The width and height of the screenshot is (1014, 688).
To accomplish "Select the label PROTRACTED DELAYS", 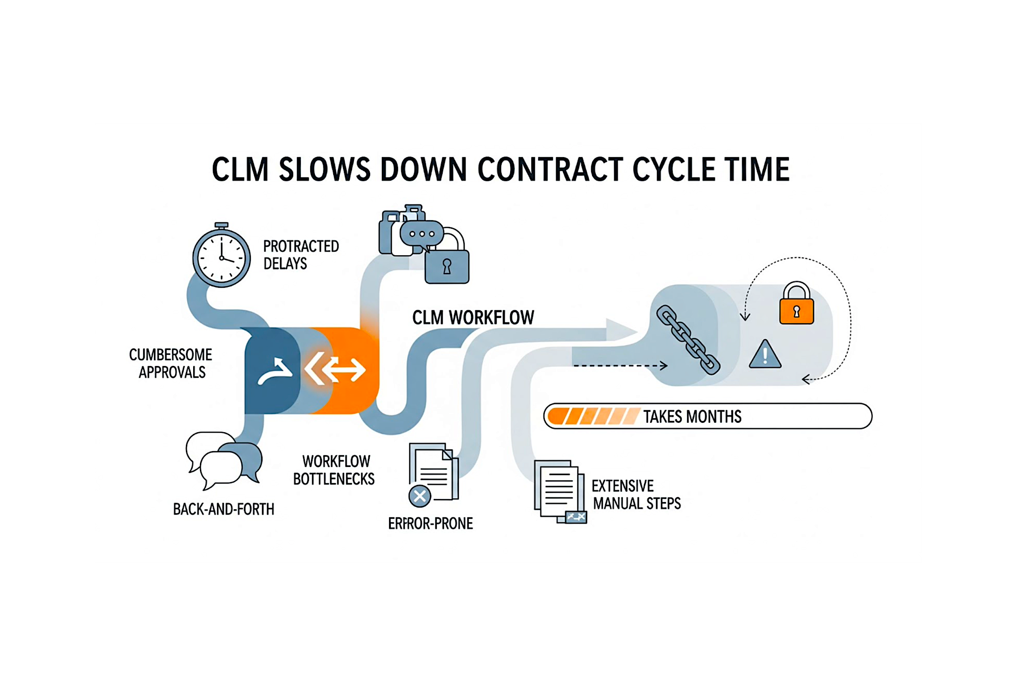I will coord(301,255).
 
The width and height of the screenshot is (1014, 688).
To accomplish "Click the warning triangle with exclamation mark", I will coord(765,356).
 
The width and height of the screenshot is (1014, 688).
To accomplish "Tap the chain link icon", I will coord(688,340).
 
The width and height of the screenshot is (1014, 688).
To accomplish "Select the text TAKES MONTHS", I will coord(692,417).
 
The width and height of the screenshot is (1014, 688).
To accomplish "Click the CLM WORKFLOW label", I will coord(473,318).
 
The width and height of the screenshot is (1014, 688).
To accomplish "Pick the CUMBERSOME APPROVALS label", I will coord(171,363).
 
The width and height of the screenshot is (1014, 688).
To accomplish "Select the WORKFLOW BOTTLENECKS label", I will coord(334,470).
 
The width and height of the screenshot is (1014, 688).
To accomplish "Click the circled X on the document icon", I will coord(420,496).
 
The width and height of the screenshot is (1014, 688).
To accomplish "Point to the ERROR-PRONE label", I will coord(430,524).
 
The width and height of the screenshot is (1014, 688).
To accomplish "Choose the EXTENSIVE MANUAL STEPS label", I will coord(636,494).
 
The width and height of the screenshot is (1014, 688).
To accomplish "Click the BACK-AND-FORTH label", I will coord(224,509).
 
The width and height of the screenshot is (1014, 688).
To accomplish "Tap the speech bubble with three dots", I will coord(421,234).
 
